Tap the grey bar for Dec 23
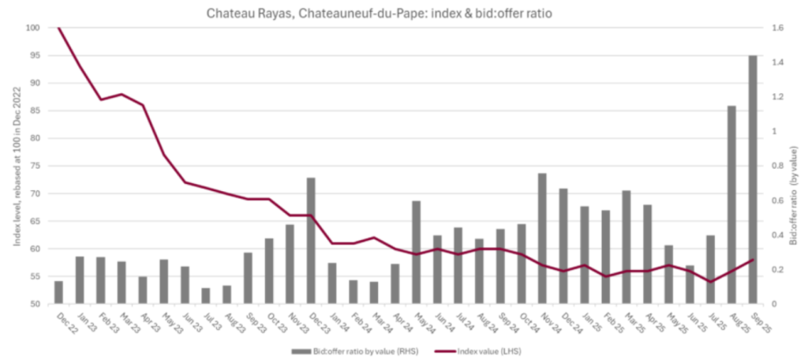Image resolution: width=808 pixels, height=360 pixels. point(310,241)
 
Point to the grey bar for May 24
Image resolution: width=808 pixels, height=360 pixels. point(416,253)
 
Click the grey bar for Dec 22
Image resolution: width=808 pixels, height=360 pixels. point(58,292)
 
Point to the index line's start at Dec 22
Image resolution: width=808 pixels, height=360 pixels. point(58,28)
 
